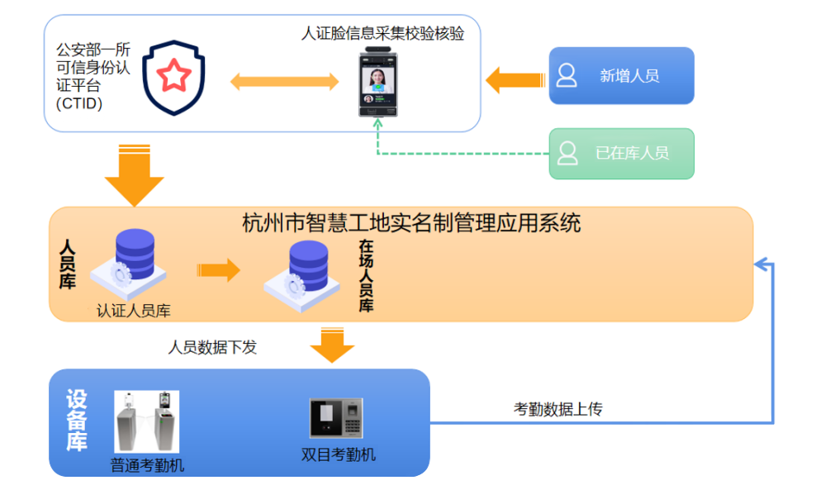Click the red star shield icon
click(x=173, y=78)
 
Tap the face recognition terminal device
click(x=378, y=83)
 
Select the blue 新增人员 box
click(x=621, y=75)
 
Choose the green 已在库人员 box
click(x=621, y=153)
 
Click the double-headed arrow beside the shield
click(x=284, y=82)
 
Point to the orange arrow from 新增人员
click(x=514, y=80)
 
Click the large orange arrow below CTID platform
click(x=135, y=174)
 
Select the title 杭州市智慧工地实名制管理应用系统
click(x=411, y=223)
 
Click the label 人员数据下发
click(x=212, y=347)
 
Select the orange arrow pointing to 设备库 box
click(x=332, y=345)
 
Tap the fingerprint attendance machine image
click(x=337, y=418)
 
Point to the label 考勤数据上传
click(x=558, y=409)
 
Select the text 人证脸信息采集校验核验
click(x=382, y=34)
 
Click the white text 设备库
click(x=77, y=421)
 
